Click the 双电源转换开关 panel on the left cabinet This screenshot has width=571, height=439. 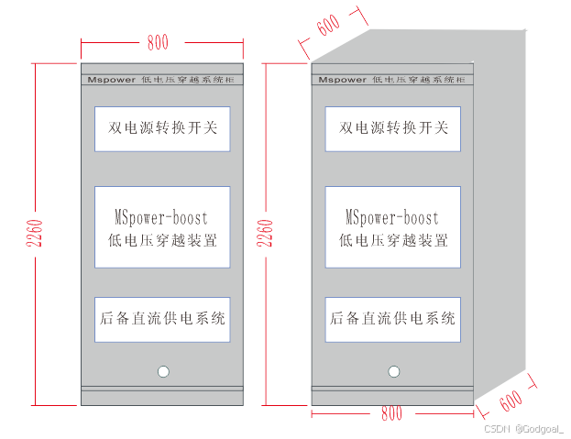click(x=162, y=128)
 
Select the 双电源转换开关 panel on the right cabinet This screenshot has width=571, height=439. click(x=393, y=128)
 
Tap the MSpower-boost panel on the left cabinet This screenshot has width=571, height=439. click(x=162, y=227)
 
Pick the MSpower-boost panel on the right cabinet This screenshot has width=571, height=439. click(x=393, y=227)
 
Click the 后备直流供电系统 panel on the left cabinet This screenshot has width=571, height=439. click(x=162, y=319)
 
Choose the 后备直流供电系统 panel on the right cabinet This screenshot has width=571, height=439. click(x=393, y=319)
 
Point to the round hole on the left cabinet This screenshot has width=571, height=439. click(x=163, y=372)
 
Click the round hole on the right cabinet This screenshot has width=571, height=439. click(x=394, y=372)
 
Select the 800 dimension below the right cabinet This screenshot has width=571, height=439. click(x=391, y=414)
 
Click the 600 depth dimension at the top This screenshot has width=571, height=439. click(x=327, y=26)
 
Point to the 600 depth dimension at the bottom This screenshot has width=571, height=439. click(x=511, y=401)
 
